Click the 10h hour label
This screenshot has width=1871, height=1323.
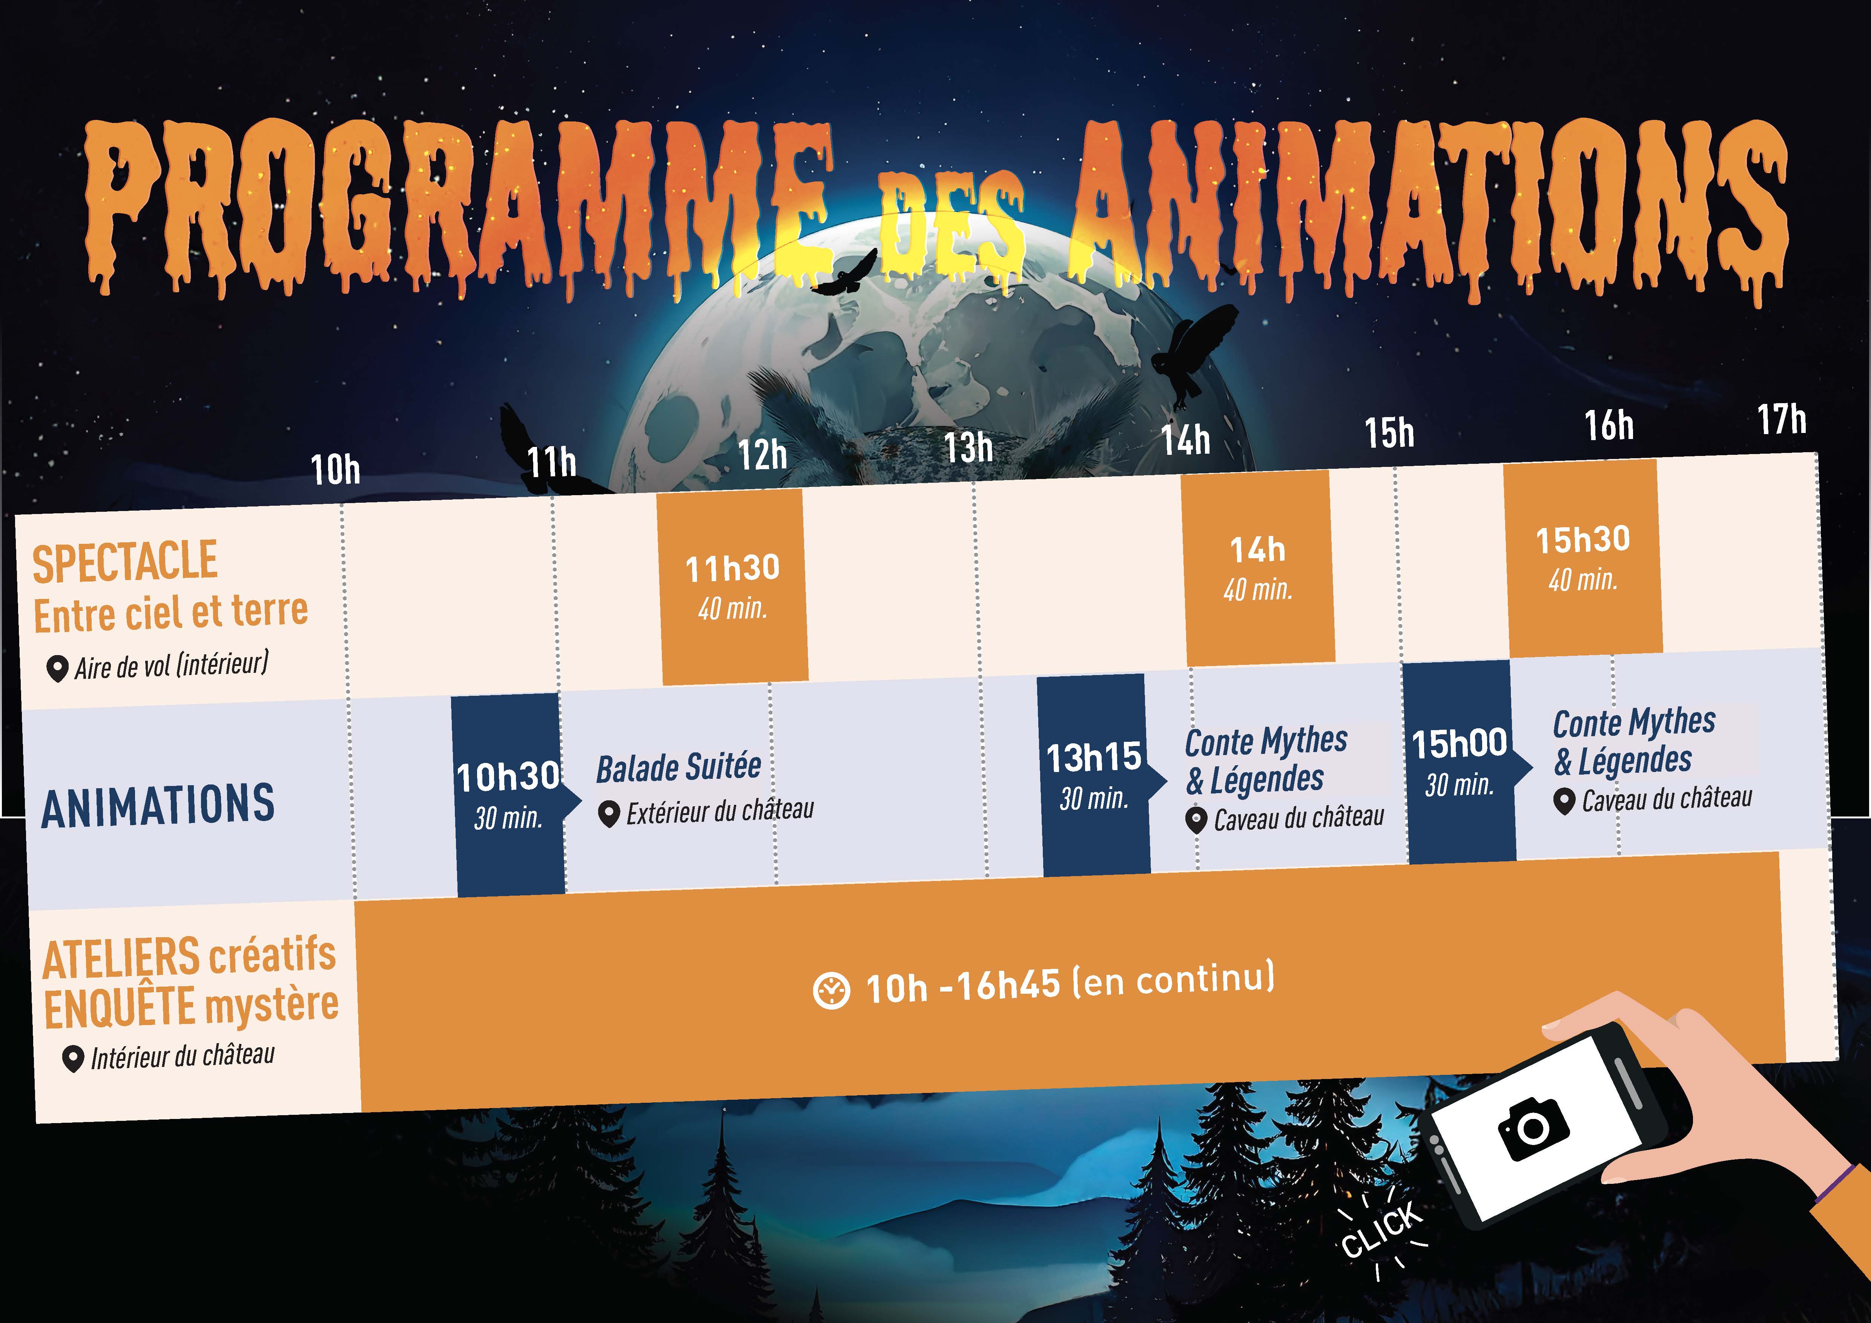[335, 470]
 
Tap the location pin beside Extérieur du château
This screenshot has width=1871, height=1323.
[609, 815]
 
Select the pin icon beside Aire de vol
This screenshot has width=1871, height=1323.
[56, 669]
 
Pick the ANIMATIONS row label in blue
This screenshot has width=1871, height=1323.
[158, 806]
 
